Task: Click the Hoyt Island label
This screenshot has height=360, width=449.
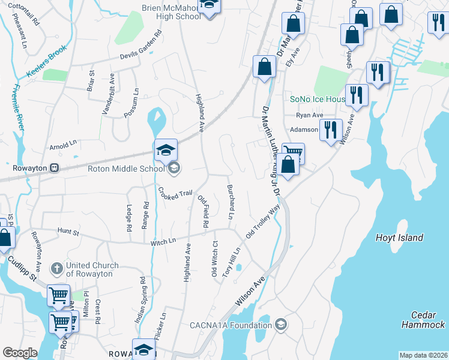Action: coord(399,238)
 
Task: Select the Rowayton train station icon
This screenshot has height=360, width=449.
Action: coord(55,167)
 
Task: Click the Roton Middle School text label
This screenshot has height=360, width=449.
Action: coord(126,169)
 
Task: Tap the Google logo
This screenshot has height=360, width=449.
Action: coord(20,353)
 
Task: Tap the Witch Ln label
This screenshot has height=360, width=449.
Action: coord(163,240)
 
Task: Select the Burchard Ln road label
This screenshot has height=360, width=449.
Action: coord(230,201)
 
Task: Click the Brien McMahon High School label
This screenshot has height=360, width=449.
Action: coord(171,12)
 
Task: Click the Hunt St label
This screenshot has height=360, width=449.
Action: coord(68,230)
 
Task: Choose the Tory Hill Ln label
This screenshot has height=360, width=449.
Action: coord(231,262)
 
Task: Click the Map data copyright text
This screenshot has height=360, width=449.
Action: coord(424,355)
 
